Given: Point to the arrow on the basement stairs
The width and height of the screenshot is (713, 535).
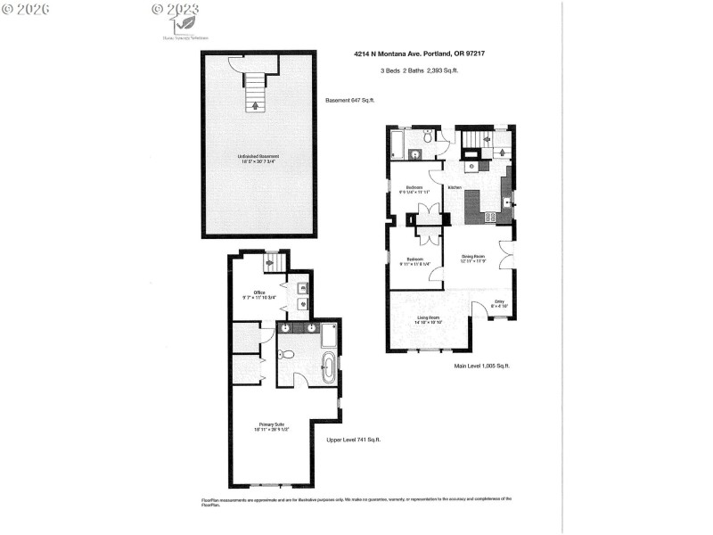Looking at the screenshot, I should (257, 103).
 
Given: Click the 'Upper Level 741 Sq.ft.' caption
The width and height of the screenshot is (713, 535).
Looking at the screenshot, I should (352, 439).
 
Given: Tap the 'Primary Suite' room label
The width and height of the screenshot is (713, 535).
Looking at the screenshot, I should (272, 425).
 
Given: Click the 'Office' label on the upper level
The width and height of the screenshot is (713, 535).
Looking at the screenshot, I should (260, 292).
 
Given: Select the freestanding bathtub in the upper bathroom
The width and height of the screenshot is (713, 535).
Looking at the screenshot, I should (328, 366).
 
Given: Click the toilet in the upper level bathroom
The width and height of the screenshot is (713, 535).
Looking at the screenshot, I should (286, 356).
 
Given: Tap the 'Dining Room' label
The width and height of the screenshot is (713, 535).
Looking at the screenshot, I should (472, 258).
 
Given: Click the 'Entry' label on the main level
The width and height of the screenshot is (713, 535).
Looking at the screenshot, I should (501, 303).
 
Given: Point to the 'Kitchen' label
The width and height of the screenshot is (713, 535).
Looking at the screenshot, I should (455, 188).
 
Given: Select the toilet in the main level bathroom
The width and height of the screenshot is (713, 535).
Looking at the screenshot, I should (429, 136).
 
